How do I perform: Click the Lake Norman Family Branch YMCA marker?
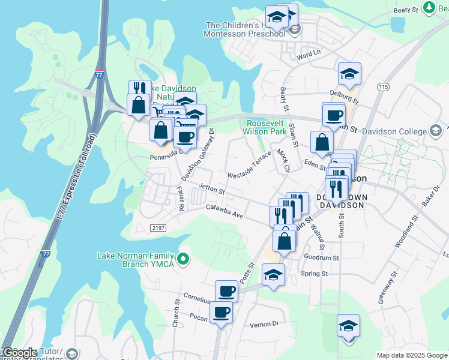(184, 260)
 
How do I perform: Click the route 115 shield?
(384, 88)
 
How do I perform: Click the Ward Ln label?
(309, 55)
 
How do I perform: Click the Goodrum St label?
(322, 257)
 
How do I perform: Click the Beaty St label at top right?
(406, 10)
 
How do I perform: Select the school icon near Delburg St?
(349, 74)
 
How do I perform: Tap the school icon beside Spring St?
(274, 275)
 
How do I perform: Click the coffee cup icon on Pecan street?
(221, 313)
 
